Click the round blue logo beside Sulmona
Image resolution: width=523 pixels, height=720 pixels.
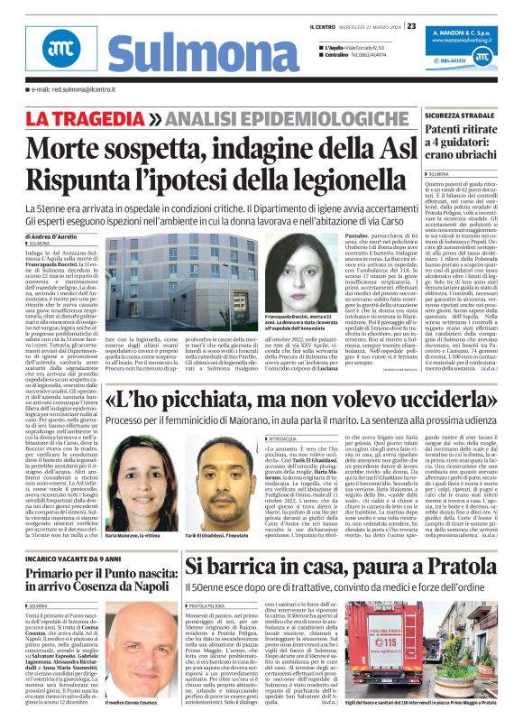(x=57, y=52)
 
